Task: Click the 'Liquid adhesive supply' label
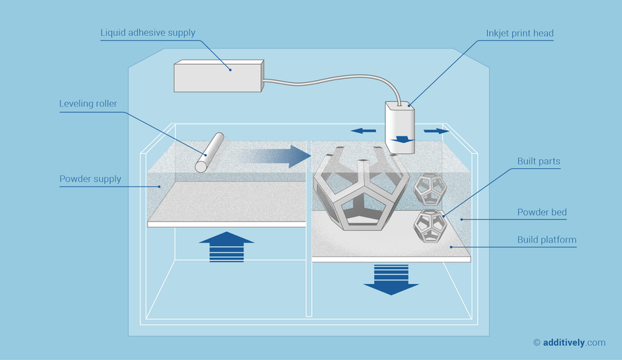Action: click(x=148, y=33)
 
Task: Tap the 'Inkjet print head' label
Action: click(x=519, y=33)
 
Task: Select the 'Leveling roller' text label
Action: click(x=88, y=104)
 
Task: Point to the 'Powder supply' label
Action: click(x=90, y=179)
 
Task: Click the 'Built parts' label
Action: click(x=538, y=162)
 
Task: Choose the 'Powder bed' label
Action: click(x=542, y=212)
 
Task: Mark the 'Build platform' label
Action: click(x=547, y=240)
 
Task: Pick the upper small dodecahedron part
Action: click(x=428, y=188)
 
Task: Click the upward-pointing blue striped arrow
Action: click(x=226, y=246)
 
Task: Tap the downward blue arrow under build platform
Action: click(x=391, y=279)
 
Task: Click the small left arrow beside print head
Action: click(x=363, y=130)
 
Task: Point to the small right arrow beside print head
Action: click(x=436, y=131)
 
